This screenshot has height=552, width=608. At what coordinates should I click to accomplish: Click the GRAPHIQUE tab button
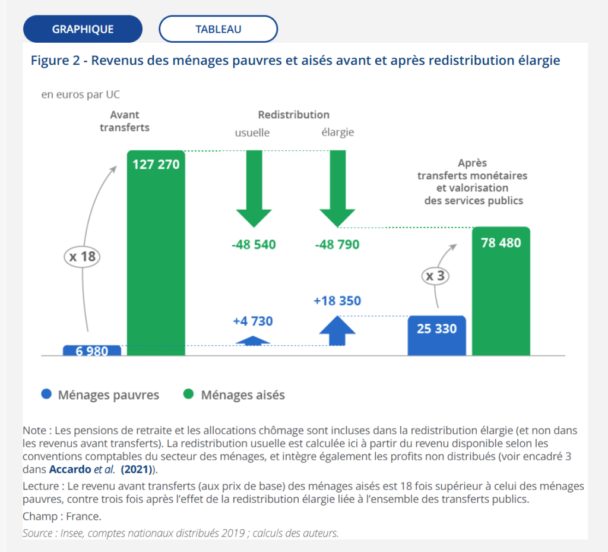tap(83, 29)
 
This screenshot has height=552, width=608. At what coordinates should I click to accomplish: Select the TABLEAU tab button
tap(218, 29)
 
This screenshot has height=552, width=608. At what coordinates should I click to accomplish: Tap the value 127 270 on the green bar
tap(156, 165)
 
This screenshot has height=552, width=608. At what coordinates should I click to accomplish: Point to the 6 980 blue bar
tap(92, 351)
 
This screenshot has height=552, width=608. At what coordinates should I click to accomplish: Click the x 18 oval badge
tap(81, 257)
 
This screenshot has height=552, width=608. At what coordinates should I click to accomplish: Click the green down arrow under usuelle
tap(254, 190)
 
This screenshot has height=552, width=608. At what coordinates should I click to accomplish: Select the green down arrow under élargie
tap(338, 190)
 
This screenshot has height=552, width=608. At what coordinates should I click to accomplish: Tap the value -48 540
tap(254, 244)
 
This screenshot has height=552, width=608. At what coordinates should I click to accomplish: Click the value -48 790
tap(337, 244)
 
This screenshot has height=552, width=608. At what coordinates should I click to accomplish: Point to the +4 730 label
tap(253, 321)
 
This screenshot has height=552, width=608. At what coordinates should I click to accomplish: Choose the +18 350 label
tap(337, 301)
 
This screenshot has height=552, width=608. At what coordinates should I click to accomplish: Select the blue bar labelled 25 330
tap(437, 336)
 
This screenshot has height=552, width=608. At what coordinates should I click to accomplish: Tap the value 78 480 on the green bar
tap(501, 243)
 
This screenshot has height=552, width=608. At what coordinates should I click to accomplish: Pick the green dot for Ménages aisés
tap(189, 395)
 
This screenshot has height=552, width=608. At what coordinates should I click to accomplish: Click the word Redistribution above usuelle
tap(293, 115)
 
